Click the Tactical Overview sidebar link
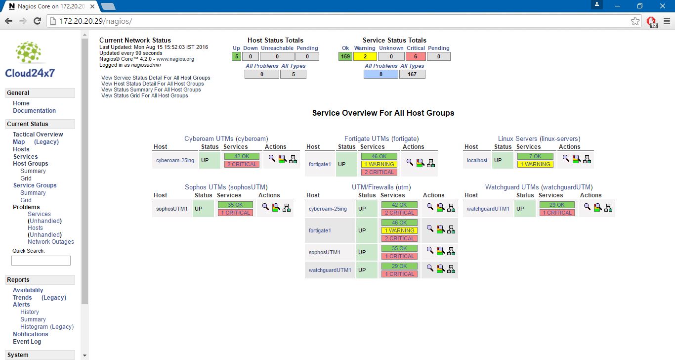pos(38,134)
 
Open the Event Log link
pos(27,341)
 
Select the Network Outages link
pos(50,241)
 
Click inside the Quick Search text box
pos(41,261)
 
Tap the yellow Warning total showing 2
pos(365,56)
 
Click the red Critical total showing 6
pos(416,56)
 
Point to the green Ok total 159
pos(345,56)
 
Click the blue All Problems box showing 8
pos(381,74)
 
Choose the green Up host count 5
pos(237,56)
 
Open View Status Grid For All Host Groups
pos(144,95)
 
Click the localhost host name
pos(477,160)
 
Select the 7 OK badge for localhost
pos(535,156)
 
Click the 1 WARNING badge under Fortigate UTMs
pos(379,164)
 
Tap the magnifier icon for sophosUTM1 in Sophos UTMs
pos(265,207)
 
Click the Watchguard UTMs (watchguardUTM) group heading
pos(539,187)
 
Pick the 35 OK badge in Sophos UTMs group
pos(235,205)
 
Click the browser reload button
pos(37,21)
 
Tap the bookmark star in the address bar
pos(635,21)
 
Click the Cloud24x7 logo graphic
pos(30,60)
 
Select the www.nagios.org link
pos(175,59)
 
